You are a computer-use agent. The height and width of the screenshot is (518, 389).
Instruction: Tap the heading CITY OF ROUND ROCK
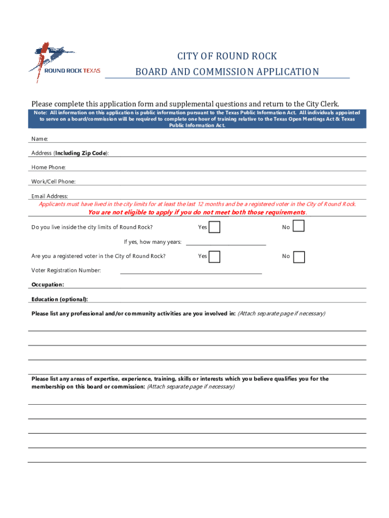coord(227,56)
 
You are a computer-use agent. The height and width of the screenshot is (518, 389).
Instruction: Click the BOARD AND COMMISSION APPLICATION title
coord(227,72)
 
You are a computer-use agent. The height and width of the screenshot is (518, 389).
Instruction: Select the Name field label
coord(40,139)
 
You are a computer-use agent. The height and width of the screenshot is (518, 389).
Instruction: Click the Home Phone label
coord(48,167)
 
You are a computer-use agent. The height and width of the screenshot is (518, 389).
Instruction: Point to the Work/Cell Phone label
coord(54,182)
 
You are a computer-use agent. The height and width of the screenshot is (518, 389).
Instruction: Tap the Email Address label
coord(50,196)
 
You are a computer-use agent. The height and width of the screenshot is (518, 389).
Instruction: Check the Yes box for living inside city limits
coord(215,227)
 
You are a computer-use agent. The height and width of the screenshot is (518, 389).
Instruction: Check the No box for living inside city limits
coord(299,226)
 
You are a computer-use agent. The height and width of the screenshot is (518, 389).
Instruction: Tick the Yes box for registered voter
coord(215,256)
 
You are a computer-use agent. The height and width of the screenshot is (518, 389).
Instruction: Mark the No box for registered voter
coord(299,257)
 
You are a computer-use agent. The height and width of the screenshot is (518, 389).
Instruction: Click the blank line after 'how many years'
coord(226,242)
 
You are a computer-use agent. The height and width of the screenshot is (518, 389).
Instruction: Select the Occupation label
coord(47,285)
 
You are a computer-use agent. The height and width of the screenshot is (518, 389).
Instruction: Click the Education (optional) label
coord(59,299)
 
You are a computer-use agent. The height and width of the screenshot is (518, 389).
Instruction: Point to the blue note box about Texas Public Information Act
coord(197,119)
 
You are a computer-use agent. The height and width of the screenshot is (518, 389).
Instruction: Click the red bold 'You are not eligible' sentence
coord(197,212)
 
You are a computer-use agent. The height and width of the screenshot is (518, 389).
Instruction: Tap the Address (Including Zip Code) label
coord(70,153)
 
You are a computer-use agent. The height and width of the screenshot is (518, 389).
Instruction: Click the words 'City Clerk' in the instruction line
coord(321,104)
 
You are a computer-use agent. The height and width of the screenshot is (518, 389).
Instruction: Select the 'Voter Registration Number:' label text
coord(66,271)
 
